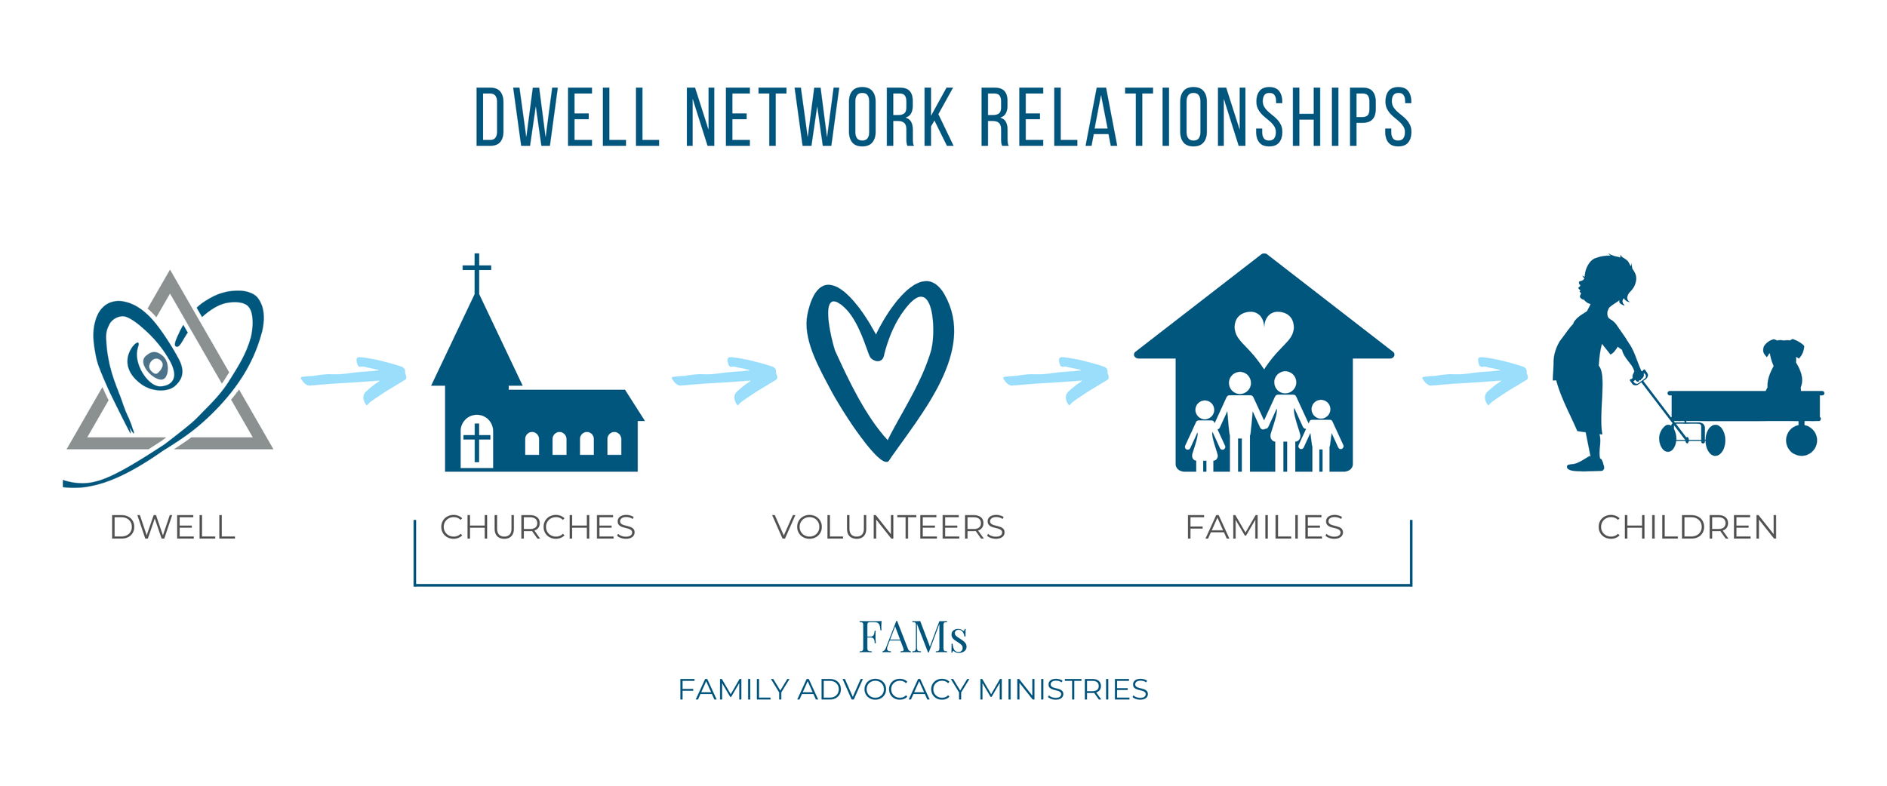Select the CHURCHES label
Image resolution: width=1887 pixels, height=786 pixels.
pyautogui.click(x=537, y=527)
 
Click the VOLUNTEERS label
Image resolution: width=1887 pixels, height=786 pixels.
pyautogui.click(x=888, y=527)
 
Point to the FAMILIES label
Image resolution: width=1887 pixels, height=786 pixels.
pyautogui.click(x=1264, y=527)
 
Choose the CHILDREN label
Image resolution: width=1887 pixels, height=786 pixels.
pyautogui.click(x=1688, y=527)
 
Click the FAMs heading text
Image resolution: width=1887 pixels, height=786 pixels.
pyautogui.click(x=913, y=637)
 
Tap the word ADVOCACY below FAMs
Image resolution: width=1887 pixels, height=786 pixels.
pyautogui.click(x=883, y=689)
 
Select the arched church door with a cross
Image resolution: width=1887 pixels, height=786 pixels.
pyautogui.click(x=476, y=441)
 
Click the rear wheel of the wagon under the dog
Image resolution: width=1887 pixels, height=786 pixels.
pyautogui.click(x=1801, y=440)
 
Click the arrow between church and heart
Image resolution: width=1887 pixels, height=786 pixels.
pyautogui.click(x=725, y=379)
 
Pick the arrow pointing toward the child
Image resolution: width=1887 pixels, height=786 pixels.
pyautogui.click(x=1476, y=379)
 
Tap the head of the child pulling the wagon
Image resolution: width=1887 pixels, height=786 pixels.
pyautogui.click(x=1608, y=279)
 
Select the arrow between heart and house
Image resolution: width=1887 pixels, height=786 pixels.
pyautogui.click(x=1057, y=379)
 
